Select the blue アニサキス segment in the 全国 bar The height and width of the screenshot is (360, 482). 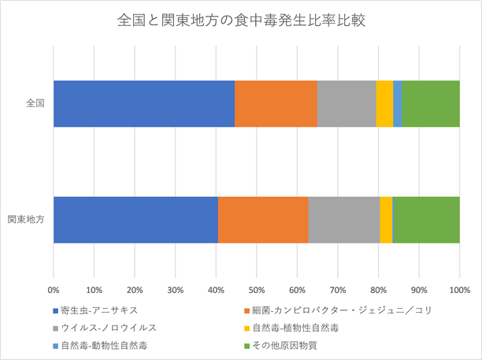tap(144, 103)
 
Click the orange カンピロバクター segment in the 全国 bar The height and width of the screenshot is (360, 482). tap(276, 103)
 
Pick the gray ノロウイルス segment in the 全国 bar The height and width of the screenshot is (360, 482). tap(347, 103)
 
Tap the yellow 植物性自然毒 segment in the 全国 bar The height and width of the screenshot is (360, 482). tap(384, 103)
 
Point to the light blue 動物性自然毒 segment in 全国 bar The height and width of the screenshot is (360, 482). tap(398, 103)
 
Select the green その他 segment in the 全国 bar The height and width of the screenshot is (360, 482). tap(431, 103)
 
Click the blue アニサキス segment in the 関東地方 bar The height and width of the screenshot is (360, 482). tap(135, 219)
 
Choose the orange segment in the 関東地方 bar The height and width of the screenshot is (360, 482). tap(263, 219)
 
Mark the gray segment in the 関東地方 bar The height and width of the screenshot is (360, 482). tap(344, 219)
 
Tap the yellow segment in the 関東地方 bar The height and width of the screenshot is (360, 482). tap(386, 219)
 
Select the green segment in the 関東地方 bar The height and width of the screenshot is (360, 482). tap(426, 219)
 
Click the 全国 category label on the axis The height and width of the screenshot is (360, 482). tap(35, 103)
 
